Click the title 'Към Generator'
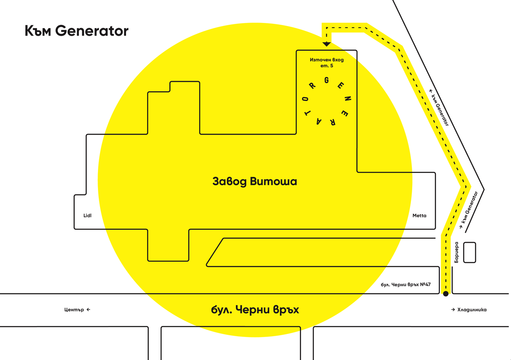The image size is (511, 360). pos(76,31)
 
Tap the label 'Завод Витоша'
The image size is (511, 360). pos(254,182)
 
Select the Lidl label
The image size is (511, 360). pos(87,216)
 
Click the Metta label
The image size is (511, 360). pos(419,216)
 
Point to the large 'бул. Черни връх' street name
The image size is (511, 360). pos(255,310)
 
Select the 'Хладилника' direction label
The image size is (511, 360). pos(468,310)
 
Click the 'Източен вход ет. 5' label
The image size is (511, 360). pos(326,63)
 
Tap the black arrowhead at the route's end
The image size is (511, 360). pos(327,43)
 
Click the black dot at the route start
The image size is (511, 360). pos(445,294)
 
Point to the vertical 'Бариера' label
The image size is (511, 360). pos(456,252)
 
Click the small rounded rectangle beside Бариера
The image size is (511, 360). pos(469,252)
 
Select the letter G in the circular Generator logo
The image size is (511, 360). pos(327,81)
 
